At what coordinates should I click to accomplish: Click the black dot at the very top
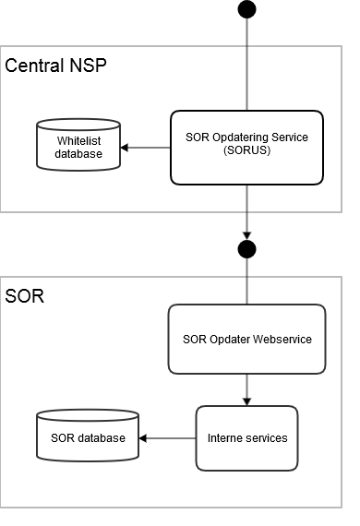tap(246, 9)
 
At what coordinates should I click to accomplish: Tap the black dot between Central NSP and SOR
tap(246, 249)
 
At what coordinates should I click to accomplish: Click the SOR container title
tap(24, 297)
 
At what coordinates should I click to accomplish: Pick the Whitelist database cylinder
tap(78, 146)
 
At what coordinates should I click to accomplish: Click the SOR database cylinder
tap(88, 436)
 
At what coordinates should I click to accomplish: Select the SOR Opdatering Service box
tap(246, 147)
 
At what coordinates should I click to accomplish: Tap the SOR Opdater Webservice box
tap(246, 339)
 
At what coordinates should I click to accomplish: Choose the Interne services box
tap(246, 437)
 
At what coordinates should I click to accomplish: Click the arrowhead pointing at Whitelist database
tap(126, 148)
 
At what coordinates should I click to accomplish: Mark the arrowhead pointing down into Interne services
tap(246, 401)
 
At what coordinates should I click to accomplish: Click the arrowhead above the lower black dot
tap(246, 234)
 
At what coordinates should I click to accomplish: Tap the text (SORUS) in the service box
tap(246, 153)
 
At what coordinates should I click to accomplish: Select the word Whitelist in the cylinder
tap(79, 140)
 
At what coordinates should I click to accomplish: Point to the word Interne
tap(225, 437)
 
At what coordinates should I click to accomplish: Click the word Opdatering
tap(241, 138)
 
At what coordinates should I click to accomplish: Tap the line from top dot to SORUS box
tap(246, 65)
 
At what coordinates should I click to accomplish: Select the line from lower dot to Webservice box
tap(246, 281)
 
